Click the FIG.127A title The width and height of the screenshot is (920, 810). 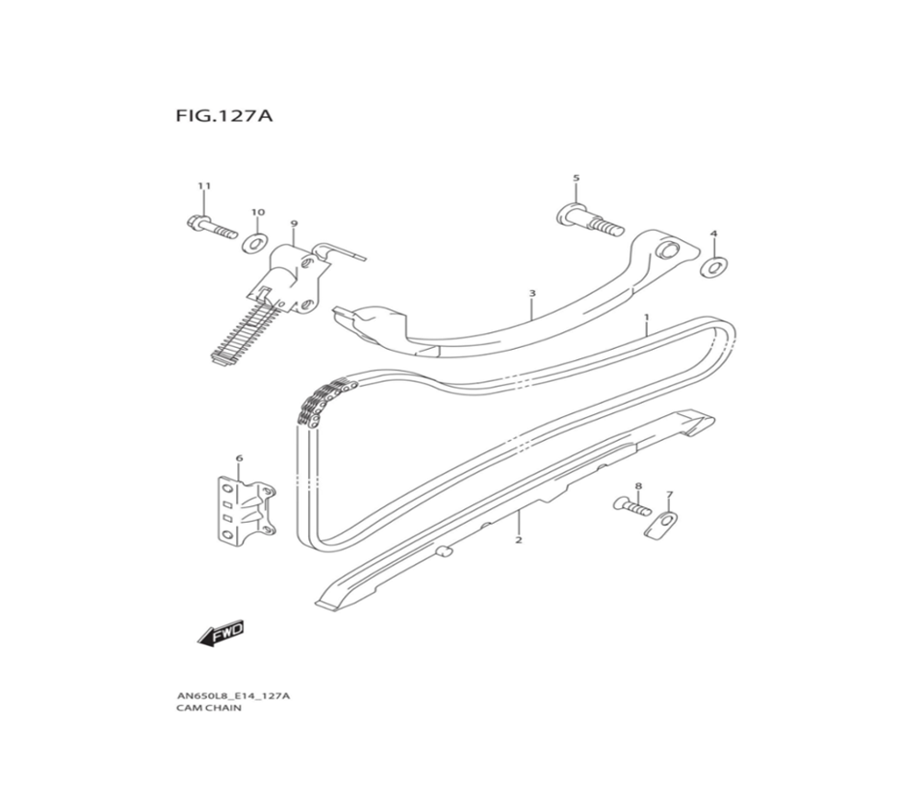coord(224,118)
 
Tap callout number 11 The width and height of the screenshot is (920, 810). coord(204,186)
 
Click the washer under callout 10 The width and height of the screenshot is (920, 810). coord(254,244)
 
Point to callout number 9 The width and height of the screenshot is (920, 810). coord(294,224)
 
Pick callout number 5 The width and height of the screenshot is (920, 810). coord(576,178)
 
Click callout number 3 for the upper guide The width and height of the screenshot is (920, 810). coord(532,294)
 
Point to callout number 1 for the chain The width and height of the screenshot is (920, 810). coord(646,318)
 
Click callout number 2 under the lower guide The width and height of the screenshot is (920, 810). coord(518,540)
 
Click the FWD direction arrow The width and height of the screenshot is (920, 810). coord(219,634)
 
